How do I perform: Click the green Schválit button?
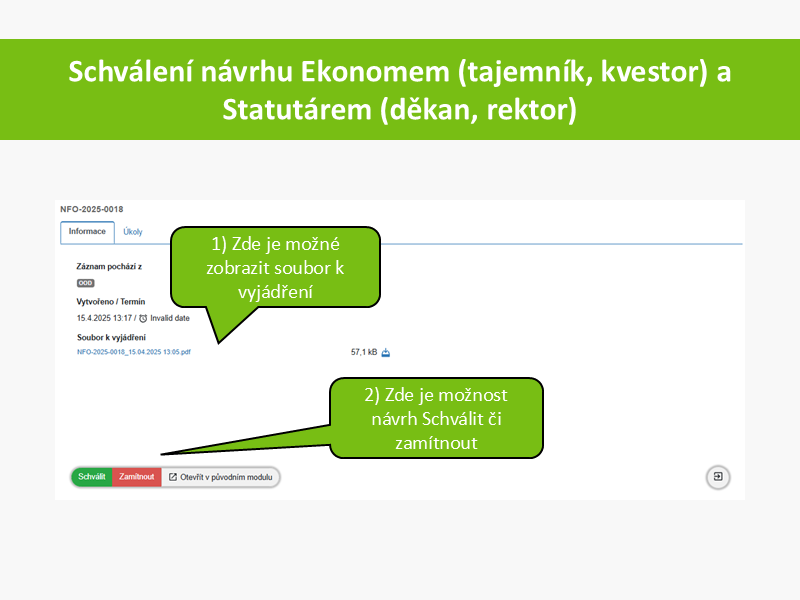tap(92, 477)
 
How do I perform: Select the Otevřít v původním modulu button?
tap(221, 477)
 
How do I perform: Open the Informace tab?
tap(87, 232)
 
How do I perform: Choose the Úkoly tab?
tap(133, 232)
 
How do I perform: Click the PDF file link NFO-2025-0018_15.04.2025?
tap(134, 352)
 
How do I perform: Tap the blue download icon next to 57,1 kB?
tap(386, 352)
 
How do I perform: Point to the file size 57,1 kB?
tap(364, 352)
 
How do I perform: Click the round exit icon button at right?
tap(718, 477)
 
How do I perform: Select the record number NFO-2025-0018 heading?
tap(92, 209)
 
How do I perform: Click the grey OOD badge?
tap(86, 283)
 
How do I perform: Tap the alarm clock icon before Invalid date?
tap(143, 318)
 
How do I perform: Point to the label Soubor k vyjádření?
tap(111, 337)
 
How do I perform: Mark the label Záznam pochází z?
tap(109, 266)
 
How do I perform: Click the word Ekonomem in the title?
tap(375, 71)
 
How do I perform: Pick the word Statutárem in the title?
tap(297, 110)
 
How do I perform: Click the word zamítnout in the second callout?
tap(436, 443)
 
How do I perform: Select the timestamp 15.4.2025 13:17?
tap(105, 318)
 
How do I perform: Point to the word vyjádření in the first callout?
tap(276, 292)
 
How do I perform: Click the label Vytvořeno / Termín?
tap(111, 302)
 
